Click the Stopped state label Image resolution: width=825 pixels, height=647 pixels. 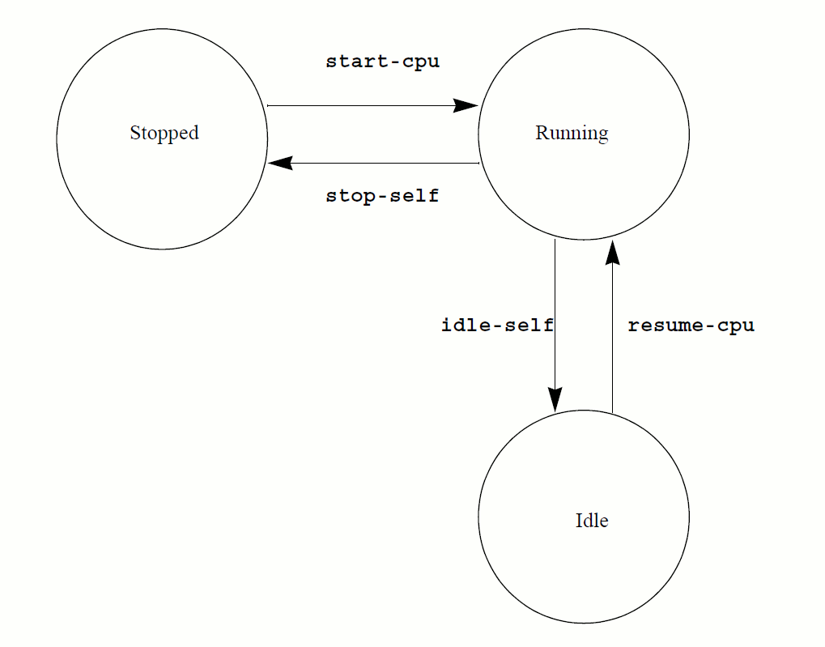point(164,134)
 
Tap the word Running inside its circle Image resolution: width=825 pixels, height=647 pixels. point(572,134)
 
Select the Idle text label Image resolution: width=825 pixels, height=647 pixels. point(592,521)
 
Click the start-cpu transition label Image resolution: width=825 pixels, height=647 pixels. point(382,62)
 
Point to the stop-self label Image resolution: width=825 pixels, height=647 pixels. point(382,196)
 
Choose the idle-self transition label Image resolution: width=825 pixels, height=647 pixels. point(497,326)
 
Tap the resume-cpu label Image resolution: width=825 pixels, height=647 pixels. point(691,326)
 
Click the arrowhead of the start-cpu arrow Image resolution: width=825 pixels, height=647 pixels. point(466,105)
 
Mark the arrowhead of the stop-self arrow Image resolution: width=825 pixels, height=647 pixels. point(280,164)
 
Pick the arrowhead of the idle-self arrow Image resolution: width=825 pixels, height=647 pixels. point(555,399)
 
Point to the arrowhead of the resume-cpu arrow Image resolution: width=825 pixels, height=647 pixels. point(612,252)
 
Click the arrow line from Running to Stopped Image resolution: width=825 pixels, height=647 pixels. point(381,164)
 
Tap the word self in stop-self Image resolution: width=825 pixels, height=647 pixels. point(416,196)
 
